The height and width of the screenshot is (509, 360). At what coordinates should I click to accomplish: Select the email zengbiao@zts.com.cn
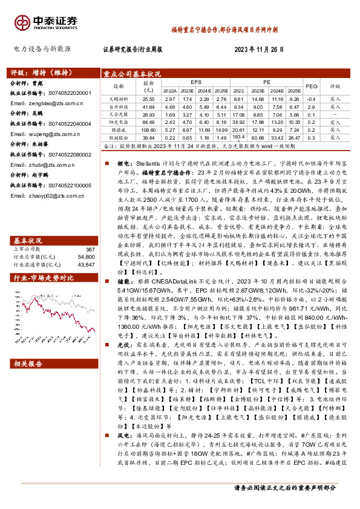pos(42,103)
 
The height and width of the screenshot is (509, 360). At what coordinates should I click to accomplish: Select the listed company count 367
pos(91,233)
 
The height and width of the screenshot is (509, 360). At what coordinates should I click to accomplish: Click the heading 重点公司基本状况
pos(132,72)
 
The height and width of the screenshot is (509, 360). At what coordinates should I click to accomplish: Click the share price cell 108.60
pos(148,129)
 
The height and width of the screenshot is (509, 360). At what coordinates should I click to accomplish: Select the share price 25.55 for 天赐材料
pos(148,99)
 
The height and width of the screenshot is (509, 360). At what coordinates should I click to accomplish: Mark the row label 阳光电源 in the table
pos(118,122)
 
